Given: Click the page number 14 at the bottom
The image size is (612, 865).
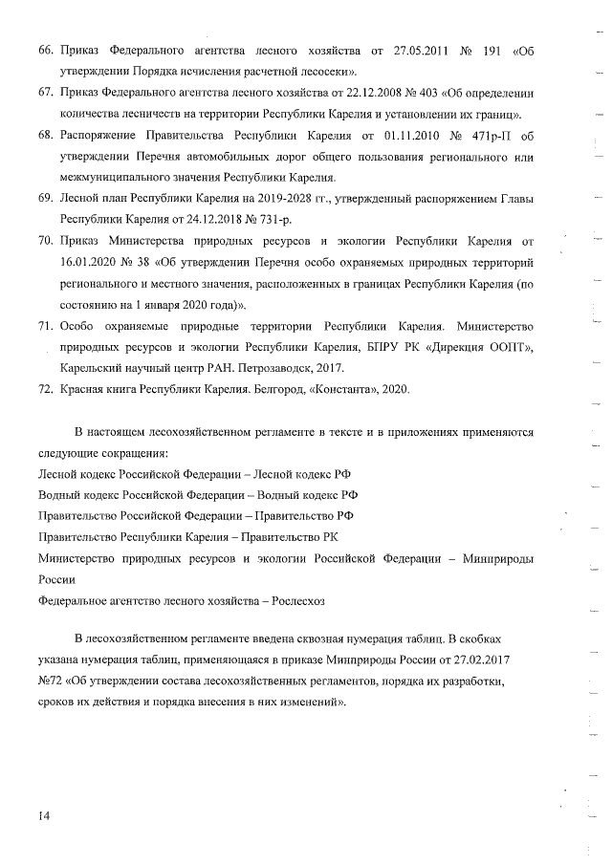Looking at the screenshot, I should tap(44, 815).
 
